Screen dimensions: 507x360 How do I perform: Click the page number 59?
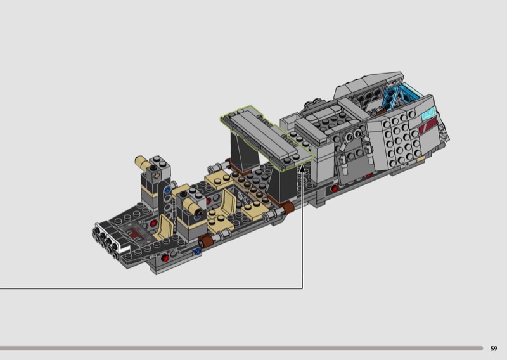tap(494, 349)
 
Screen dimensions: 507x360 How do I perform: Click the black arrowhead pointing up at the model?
tap(303, 169)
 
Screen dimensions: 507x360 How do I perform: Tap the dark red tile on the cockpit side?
tap(427, 126)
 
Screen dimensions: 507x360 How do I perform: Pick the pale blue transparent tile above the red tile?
tap(428, 113)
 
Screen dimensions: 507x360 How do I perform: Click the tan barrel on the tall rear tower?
tap(143, 162)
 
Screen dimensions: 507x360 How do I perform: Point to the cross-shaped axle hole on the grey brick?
tap(157, 176)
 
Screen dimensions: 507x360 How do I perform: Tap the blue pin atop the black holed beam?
tap(167, 190)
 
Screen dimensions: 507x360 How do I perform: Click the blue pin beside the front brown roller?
tap(197, 251)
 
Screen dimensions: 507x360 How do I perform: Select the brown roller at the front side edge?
tap(205, 241)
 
